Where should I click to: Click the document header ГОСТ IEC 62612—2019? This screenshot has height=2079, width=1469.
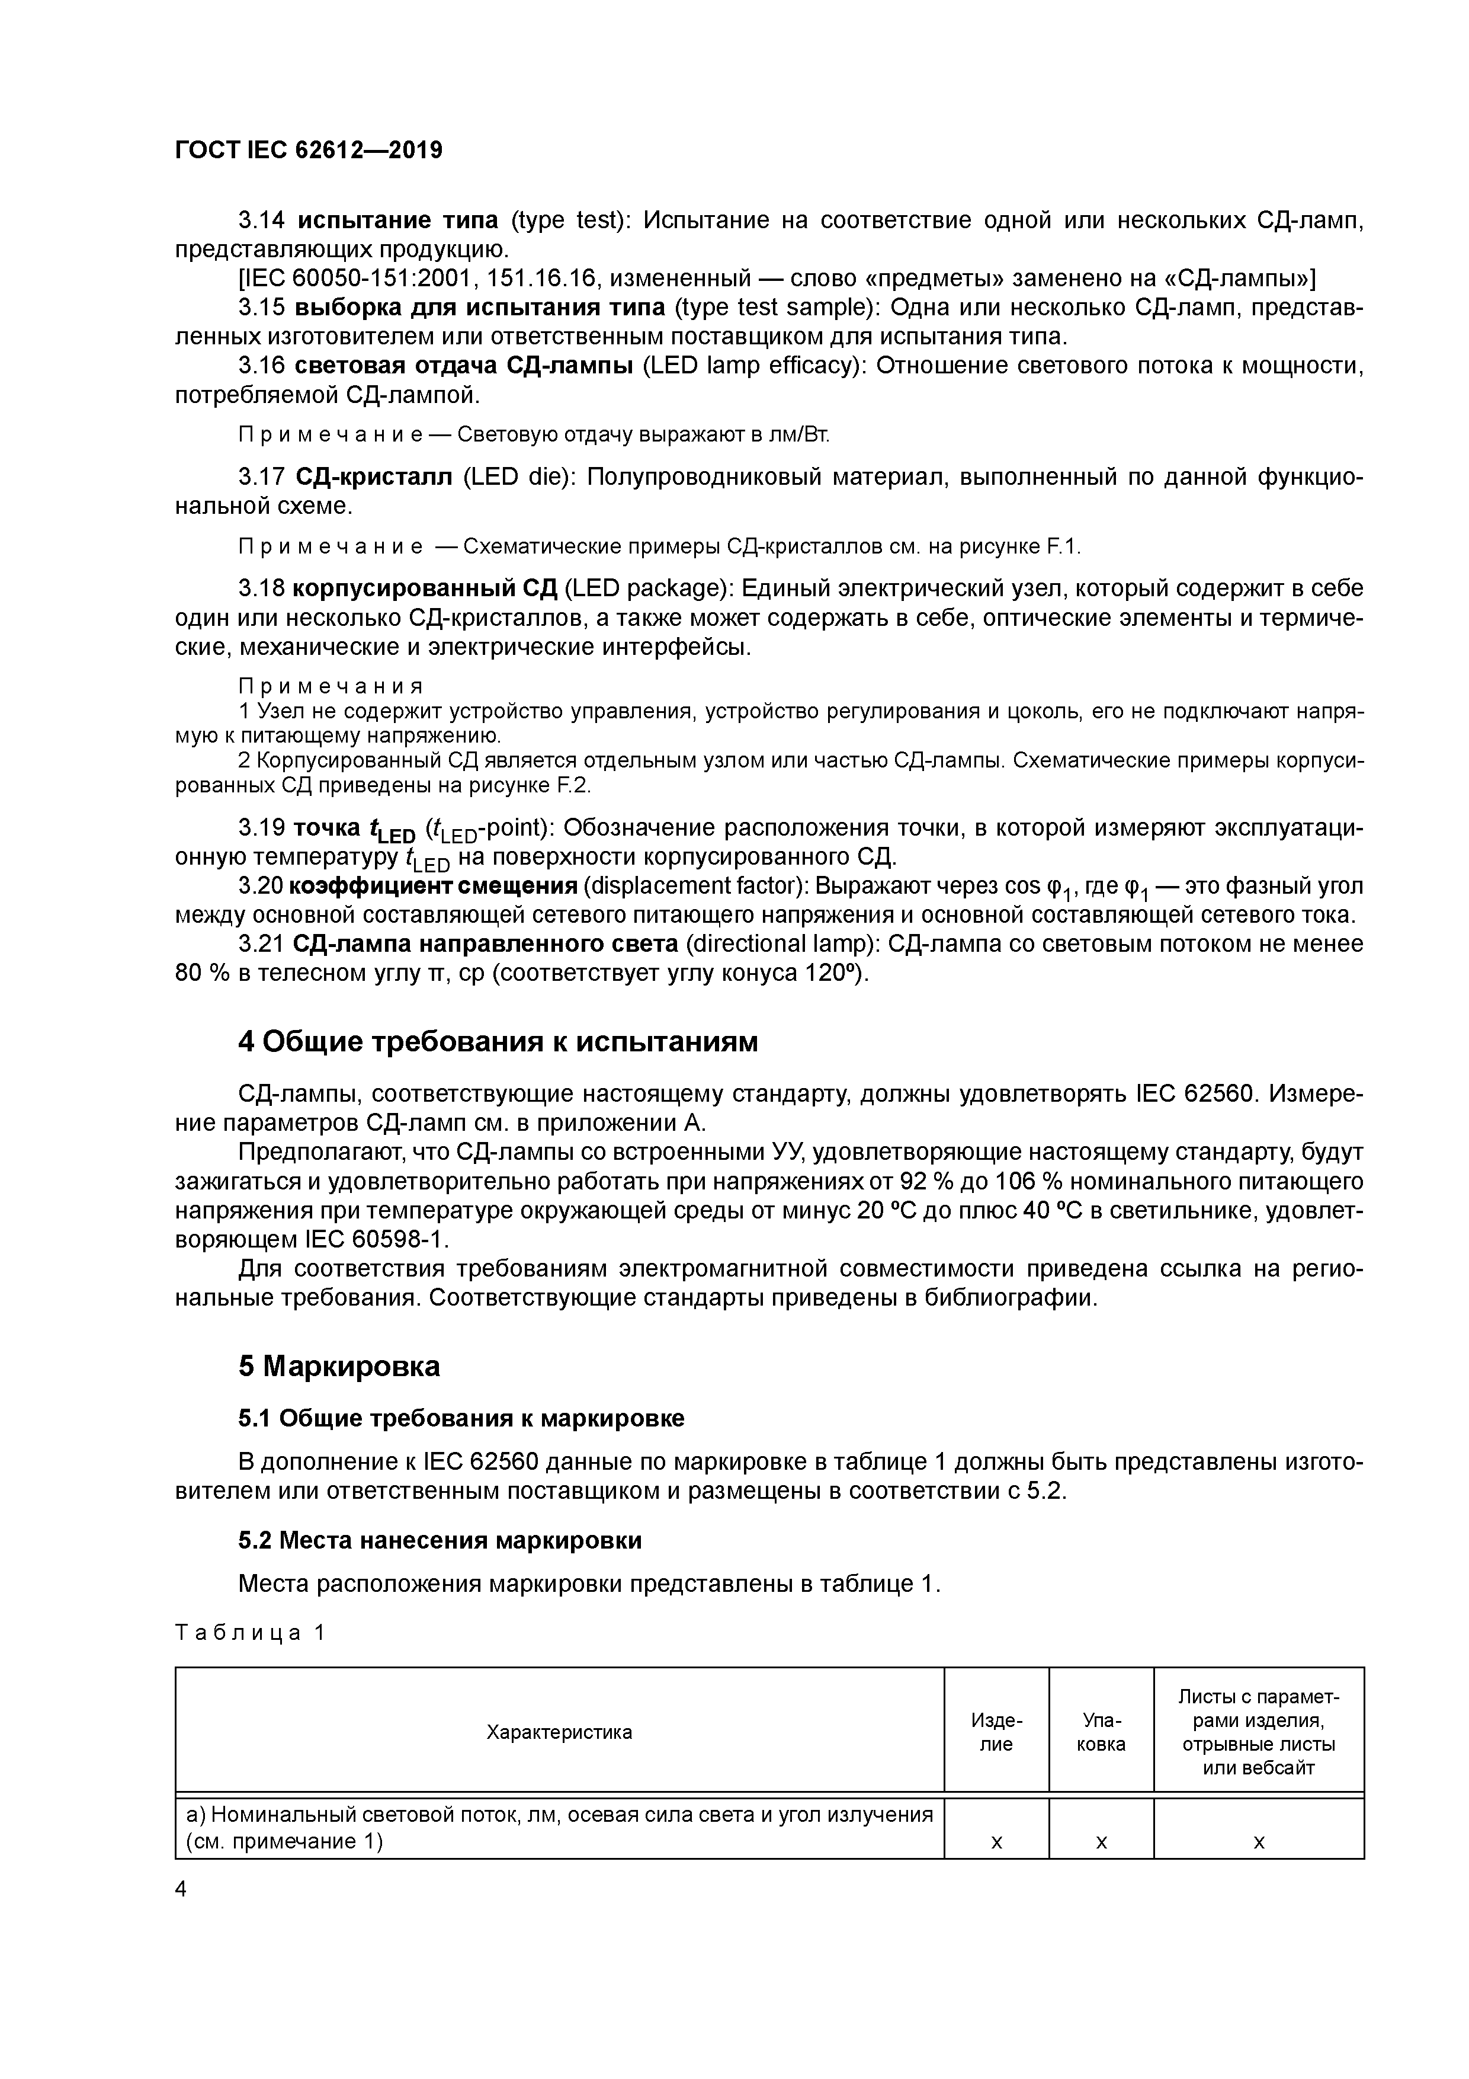click(x=309, y=151)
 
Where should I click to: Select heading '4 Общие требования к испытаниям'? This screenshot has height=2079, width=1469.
click(x=498, y=1042)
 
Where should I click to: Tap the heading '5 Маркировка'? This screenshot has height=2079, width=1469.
click(x=339, y=1367)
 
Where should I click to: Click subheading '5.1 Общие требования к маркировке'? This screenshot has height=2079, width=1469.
click(x=461, y=1418)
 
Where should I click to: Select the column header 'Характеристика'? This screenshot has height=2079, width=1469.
click(x=559, y=1732)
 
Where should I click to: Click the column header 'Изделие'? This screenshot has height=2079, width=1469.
click(x=996, y=1732)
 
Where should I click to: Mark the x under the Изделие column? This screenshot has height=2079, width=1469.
click(x=996, y=1842)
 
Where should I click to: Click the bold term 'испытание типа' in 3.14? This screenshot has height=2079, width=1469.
click(x=397, y=220)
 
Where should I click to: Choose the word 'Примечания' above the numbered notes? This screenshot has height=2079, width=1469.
click(x=331, y=687)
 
